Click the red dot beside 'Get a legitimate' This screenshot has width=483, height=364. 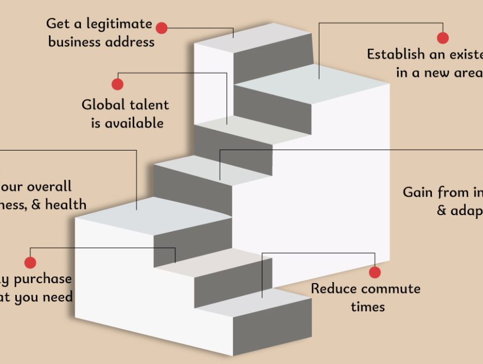tap(162, 28)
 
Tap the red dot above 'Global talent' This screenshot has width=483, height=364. tap(117, 84)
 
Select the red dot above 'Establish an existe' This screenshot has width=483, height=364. tap(443, 38)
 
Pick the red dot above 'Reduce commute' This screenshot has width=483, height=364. tap(375, 272)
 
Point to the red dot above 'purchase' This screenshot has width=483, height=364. tap(30, 262)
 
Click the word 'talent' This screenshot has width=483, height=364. tap(149, 104)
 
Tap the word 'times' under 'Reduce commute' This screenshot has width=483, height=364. tap(368, 307)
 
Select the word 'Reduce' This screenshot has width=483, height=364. tap(335, 289)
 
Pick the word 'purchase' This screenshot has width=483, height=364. tap(43, 279)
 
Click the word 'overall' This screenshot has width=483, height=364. tap(49, 186)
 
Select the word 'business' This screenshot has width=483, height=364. tap(74, 42)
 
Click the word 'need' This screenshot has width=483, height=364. tap(58, 297)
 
